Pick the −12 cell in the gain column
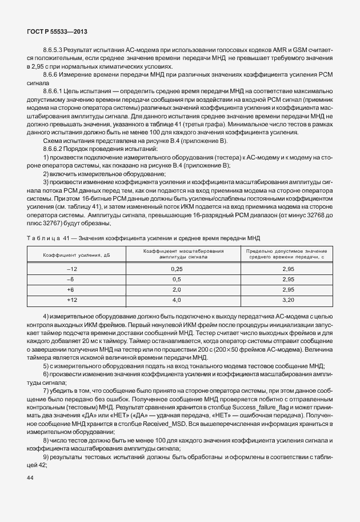click(71, 268)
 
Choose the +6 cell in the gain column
click(71, 289)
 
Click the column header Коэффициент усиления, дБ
click(71, 254)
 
